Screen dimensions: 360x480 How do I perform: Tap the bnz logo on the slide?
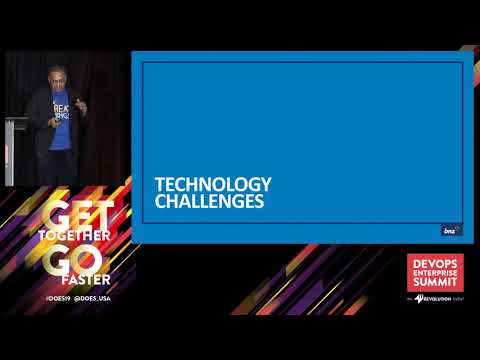click(x=451, y=231)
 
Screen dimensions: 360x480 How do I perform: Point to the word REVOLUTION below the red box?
click(x=440, y=298)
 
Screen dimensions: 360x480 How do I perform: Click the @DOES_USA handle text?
click(x=97, y=299)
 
